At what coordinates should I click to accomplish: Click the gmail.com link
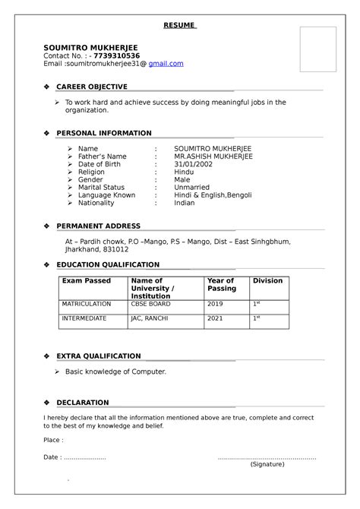[x=166, y=64]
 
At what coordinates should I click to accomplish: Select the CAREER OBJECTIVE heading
[x=92, y=87]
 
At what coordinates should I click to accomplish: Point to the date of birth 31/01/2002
[x=194, y=166]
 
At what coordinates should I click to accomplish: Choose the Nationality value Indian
[x=185, y=204]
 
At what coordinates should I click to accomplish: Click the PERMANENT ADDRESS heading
[x=98, y=226]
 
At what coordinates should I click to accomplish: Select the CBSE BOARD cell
[x=150, y=304]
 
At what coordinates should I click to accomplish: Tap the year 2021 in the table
[x=215, y=318]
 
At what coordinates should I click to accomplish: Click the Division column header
[x=267, y=281]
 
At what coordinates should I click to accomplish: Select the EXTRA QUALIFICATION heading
[x=99, y=356]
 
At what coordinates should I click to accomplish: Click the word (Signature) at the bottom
[x=267, y=464]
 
